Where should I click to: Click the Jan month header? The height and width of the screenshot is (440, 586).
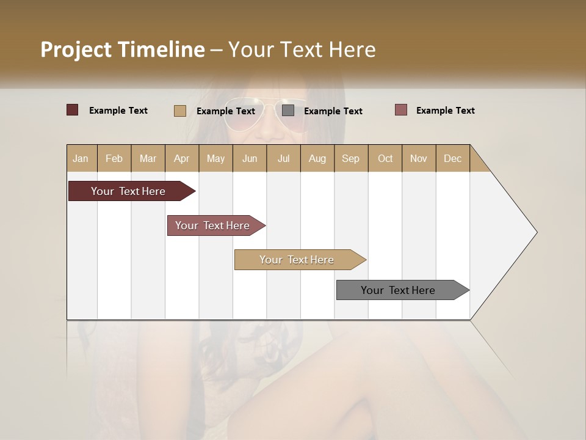[81, 158]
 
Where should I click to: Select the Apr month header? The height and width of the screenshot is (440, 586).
[181, 158]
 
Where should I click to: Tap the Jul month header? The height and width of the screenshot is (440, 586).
[283, 158]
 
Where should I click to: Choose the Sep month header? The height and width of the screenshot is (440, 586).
[350, 158]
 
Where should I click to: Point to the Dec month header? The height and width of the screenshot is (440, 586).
[452, 158]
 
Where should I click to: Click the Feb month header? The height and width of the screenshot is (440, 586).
[114, 158]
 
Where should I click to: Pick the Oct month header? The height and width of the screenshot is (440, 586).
[385, 158]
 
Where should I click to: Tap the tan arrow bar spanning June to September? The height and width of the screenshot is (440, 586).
[297, 260]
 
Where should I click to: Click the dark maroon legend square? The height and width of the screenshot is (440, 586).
[72, 110]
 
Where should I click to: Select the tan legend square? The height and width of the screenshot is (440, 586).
[179, 111]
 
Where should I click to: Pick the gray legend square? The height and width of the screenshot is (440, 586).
[288, 111]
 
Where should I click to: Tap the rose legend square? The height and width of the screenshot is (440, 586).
[400, 110]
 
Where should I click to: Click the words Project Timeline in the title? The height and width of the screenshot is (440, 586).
[122, 50]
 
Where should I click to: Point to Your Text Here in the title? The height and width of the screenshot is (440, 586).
[302, 50]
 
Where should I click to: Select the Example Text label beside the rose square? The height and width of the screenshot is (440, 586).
[445, 111]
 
